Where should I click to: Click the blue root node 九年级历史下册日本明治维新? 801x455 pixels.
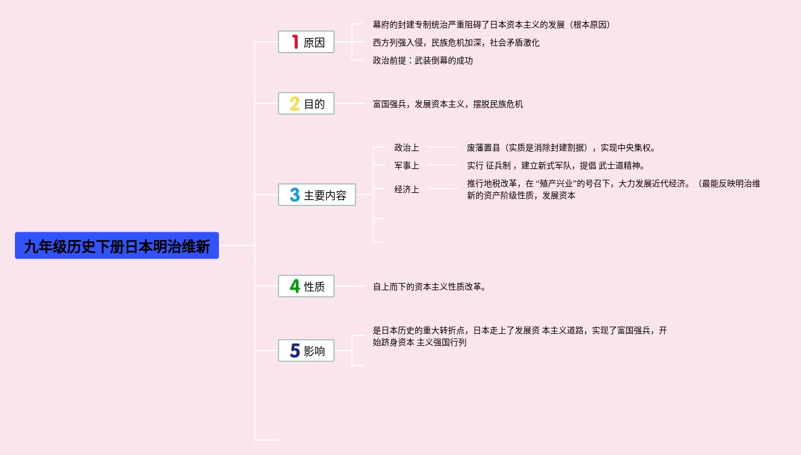pos(117,245)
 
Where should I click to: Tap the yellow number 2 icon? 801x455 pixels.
pos(295,104)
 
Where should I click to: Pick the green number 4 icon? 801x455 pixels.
pos(295,287)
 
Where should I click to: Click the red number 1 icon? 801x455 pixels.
pos(295,42)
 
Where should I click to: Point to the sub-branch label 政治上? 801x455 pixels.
pos(406,147)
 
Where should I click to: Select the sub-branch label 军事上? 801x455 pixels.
pos(406,165)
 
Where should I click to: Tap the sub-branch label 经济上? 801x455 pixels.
pos(406,189)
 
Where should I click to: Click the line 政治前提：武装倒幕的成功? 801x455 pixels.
pos(422,60)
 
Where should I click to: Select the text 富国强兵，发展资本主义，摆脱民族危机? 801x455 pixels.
pos(447,104)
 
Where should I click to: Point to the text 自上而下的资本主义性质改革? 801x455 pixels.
pos(429,287)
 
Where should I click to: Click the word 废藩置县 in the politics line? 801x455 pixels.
pos(484,147)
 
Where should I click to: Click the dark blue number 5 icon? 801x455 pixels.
pos(295,351)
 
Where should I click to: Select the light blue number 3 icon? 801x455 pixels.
pos(295,195)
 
